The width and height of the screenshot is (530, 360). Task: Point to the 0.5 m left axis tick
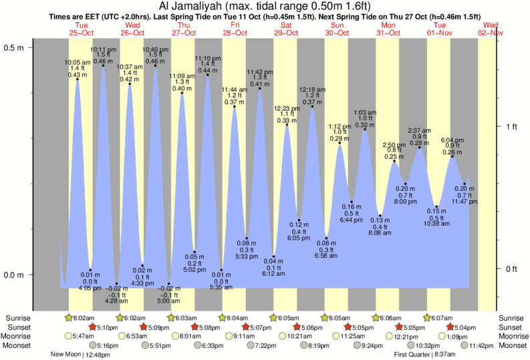tap(14, 48)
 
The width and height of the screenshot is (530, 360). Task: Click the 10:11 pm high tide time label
tap(102, 49)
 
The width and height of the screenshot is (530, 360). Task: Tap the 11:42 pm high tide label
tap(259, 71)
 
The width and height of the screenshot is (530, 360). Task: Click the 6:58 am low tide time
tap(326, 256)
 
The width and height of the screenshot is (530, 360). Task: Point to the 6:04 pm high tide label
tap(452, 140)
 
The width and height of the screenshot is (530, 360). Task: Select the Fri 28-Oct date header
tap(235, 29)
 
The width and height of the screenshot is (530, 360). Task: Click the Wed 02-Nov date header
tap(491, 29)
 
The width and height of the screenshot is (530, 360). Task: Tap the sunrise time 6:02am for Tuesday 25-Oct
tap(82, 318)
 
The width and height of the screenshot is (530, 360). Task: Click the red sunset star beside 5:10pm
tap(92, 327)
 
